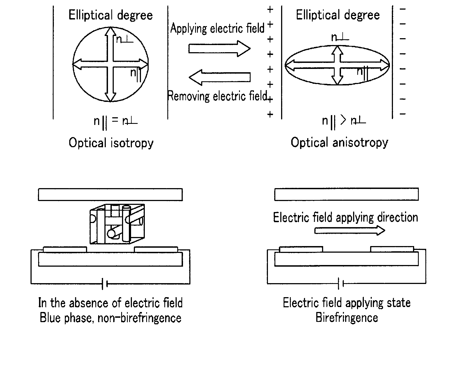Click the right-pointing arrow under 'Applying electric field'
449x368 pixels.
219,49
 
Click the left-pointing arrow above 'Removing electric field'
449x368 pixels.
220,77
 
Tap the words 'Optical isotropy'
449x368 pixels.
111,143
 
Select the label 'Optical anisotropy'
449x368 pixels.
339,143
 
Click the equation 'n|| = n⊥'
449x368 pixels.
115,121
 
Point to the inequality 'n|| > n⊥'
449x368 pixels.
344,121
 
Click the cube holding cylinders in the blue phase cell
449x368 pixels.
117,224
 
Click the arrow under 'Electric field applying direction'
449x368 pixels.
350,230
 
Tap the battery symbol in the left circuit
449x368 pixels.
104,284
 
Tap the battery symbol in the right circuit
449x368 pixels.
341,284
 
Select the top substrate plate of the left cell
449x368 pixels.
110,194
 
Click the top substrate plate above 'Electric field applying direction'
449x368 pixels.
346,194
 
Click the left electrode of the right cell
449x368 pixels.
301,249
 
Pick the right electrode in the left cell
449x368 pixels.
156,249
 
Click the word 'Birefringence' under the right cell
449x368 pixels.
347,318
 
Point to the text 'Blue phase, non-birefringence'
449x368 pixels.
110,318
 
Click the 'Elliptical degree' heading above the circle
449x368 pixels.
110,15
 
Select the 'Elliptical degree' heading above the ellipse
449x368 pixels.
338,15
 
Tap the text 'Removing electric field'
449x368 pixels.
217,96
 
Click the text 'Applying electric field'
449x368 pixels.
217,28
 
